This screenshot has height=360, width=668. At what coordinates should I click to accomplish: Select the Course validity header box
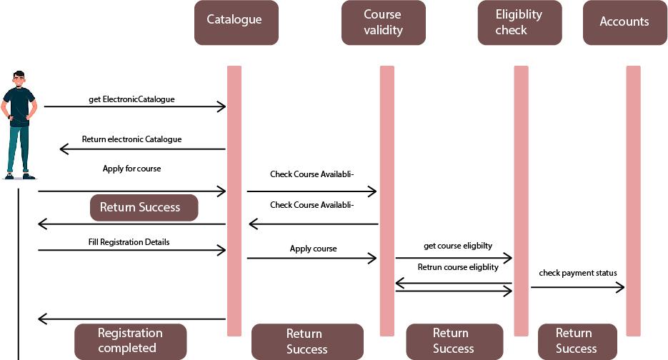click(x=383, y=22)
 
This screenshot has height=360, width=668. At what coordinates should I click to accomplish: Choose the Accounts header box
click(x=624, y=22)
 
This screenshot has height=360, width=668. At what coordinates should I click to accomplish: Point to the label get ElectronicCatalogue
click(x=131, y=99)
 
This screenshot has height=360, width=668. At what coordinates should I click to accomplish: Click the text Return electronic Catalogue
click(x=131, y=139)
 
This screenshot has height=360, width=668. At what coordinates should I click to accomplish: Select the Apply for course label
click(x=131, y=169)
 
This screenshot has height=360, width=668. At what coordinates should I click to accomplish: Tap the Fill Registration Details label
click(x=129, y=242)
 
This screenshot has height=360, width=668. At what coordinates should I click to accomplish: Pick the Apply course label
click(x=313, y=249)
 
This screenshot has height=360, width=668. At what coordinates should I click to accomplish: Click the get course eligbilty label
click(x=457, y=246)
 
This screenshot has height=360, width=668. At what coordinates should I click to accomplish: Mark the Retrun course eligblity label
click(x=457, y=267)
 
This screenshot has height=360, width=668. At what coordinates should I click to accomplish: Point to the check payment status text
click(x=577, y=273)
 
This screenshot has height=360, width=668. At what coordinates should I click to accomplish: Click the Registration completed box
click(x=130, y=341)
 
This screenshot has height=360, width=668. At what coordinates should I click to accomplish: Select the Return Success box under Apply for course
click(x=143, y=207)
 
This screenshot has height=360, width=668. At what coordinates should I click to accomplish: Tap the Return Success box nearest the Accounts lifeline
click(x=576, y=341)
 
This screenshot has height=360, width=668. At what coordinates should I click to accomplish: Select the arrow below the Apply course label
click(x=311, y=258)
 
